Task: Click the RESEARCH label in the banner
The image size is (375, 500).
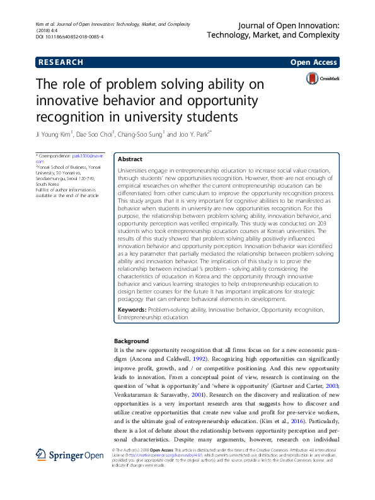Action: click(x=61, y=62)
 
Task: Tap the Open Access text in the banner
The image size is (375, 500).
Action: click(x=314, y=62)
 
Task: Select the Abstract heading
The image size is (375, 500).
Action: click(x=130, y=160)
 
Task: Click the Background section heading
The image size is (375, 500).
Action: click(x=131, y=341)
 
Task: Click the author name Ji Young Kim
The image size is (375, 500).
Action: click(x=54, y=134)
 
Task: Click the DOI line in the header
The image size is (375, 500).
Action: click(x=69, y=37)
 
